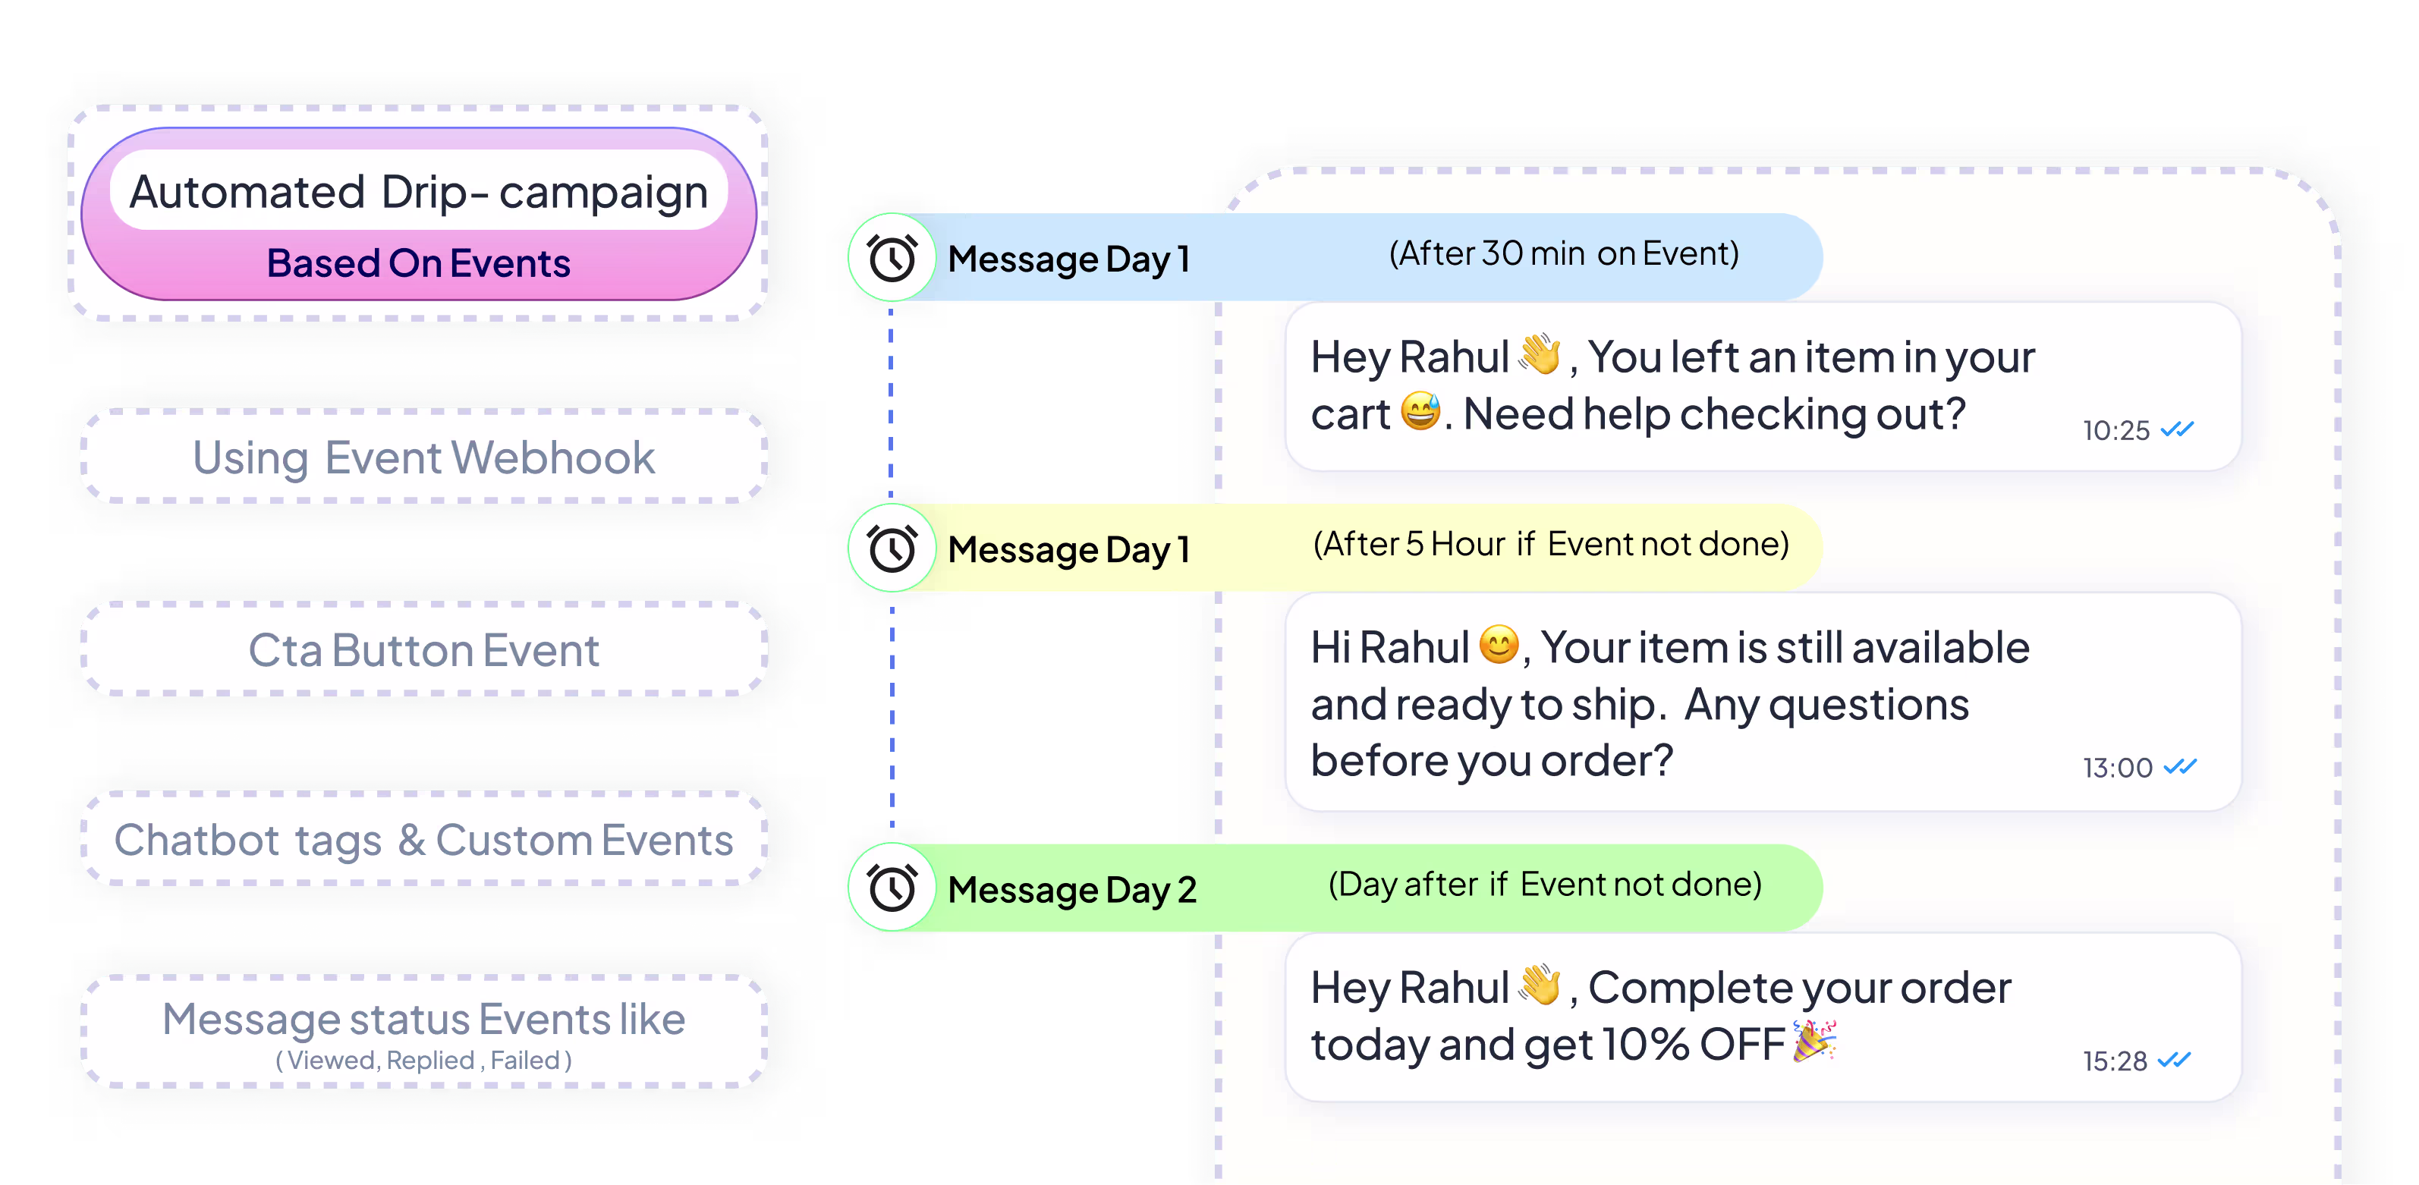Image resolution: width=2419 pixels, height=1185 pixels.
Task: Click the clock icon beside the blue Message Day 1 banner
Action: [x=891, y=258]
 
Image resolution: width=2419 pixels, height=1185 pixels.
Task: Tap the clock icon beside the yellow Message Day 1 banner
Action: [x=891, y=548]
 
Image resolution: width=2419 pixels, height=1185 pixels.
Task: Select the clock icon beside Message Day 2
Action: [x=891, y=888]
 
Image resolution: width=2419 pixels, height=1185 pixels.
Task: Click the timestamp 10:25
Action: [x=2115, y=431]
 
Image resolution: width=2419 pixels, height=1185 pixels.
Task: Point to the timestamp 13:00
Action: [x=2117, y=768]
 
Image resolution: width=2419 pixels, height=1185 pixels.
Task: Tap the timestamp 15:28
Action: [x=2114, y=1061]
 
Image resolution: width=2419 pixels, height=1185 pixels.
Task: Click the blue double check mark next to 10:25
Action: [x=2177, y=429]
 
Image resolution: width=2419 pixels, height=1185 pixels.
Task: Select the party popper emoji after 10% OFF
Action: [x=1814, y=1042]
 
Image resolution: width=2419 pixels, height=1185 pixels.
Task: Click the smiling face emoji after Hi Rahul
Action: [x=1498, y=645]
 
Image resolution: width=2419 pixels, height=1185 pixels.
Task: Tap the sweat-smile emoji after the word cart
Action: [x=1420, y=411]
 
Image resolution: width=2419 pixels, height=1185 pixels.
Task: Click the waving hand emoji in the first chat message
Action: [x=1540, y=354]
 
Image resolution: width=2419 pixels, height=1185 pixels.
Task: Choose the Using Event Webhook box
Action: [x=423, y=457]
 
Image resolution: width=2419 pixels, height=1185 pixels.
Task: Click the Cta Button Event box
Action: [x=423, y=650]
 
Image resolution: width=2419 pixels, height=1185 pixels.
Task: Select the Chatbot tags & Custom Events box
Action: [x=423, y=840]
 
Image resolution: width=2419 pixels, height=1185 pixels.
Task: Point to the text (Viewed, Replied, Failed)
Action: [x=423, y=1060]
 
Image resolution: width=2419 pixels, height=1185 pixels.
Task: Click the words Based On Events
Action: [x=419, y=264]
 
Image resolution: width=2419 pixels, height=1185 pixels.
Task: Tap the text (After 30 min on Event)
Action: [x=1564, y=253]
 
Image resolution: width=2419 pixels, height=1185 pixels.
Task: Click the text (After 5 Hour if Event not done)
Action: [x=1550, y=544]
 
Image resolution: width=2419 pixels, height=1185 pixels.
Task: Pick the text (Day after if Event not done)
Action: [x=1545, y=884]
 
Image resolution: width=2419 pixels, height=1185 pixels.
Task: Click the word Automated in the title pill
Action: [x=247, y=193]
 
